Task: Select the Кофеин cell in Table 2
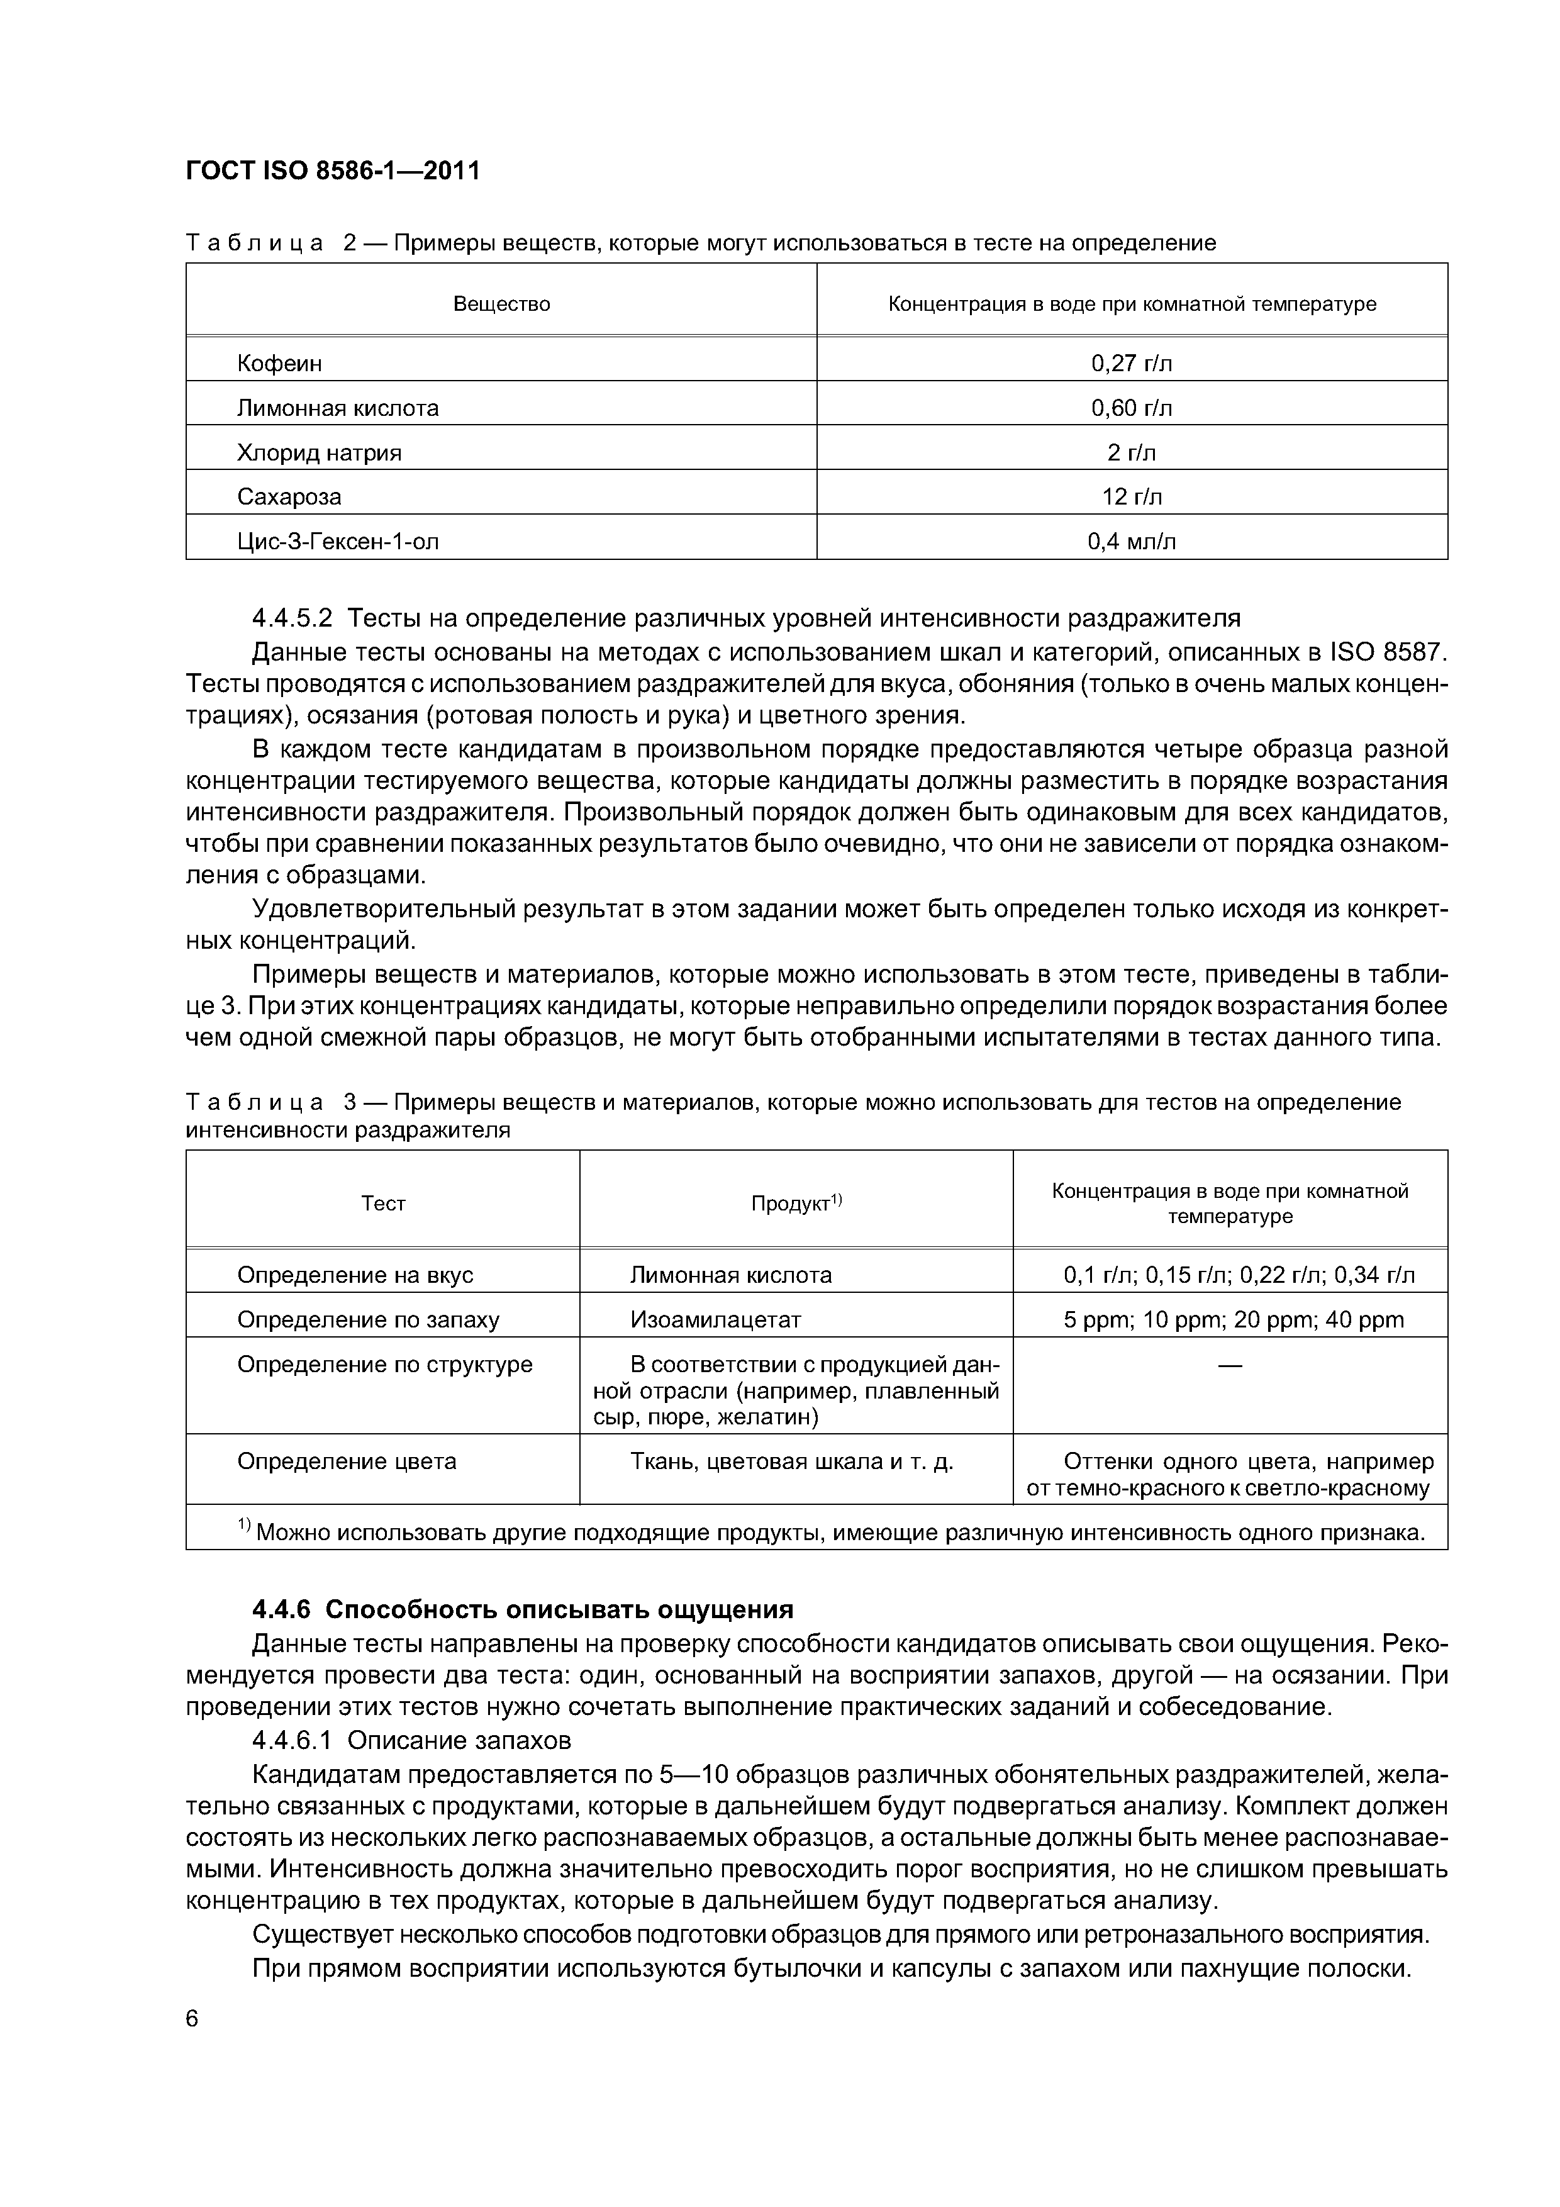click(x=279, y=364)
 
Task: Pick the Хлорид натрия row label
click(x=319, y=453)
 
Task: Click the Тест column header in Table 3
click(x=382, y=1204)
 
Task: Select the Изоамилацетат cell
click(x=715, y=1320)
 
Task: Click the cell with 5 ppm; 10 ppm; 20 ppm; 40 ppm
click(x=1233, y=1320)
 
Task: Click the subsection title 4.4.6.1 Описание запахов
click(x=411, y=1740)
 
